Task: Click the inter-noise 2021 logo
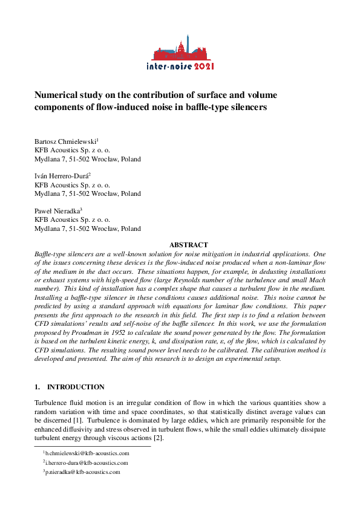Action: click(180, 53)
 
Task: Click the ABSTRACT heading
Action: click(188, 245)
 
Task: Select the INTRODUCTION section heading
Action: click(76, 387)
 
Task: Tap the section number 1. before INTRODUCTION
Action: click(37, 387)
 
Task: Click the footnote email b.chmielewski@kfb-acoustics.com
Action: click(87, 453)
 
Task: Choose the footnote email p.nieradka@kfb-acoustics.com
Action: click(83, 472)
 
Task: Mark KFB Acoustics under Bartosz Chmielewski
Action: click(72, 150)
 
